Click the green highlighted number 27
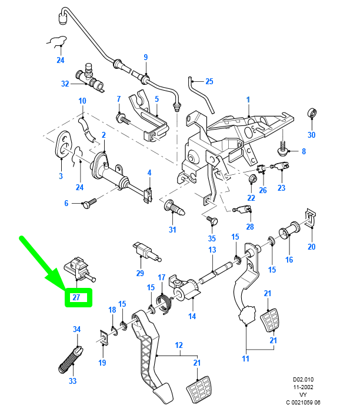77,298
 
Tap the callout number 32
65,84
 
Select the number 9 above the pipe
145,57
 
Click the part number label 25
209,81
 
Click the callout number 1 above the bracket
248,99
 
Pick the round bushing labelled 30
312,114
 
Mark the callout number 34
76,329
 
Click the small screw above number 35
213,220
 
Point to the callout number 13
212,250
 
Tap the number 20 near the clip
312,247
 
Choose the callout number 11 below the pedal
245,359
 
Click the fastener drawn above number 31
175,207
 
